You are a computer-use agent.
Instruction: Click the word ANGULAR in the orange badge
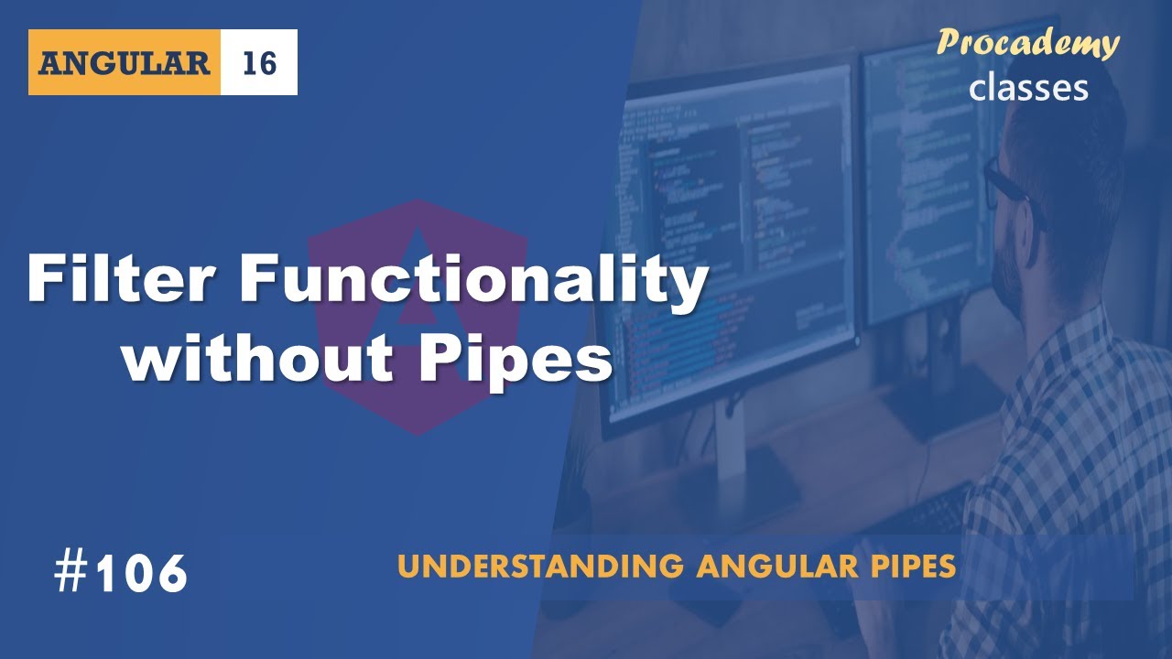click(x=125, y=63)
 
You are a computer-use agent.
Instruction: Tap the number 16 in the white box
click(x=259, y=63)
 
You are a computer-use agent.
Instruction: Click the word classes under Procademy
click(x=1028, y=87)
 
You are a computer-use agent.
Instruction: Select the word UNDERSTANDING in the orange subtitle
click(x=540, y=567)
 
